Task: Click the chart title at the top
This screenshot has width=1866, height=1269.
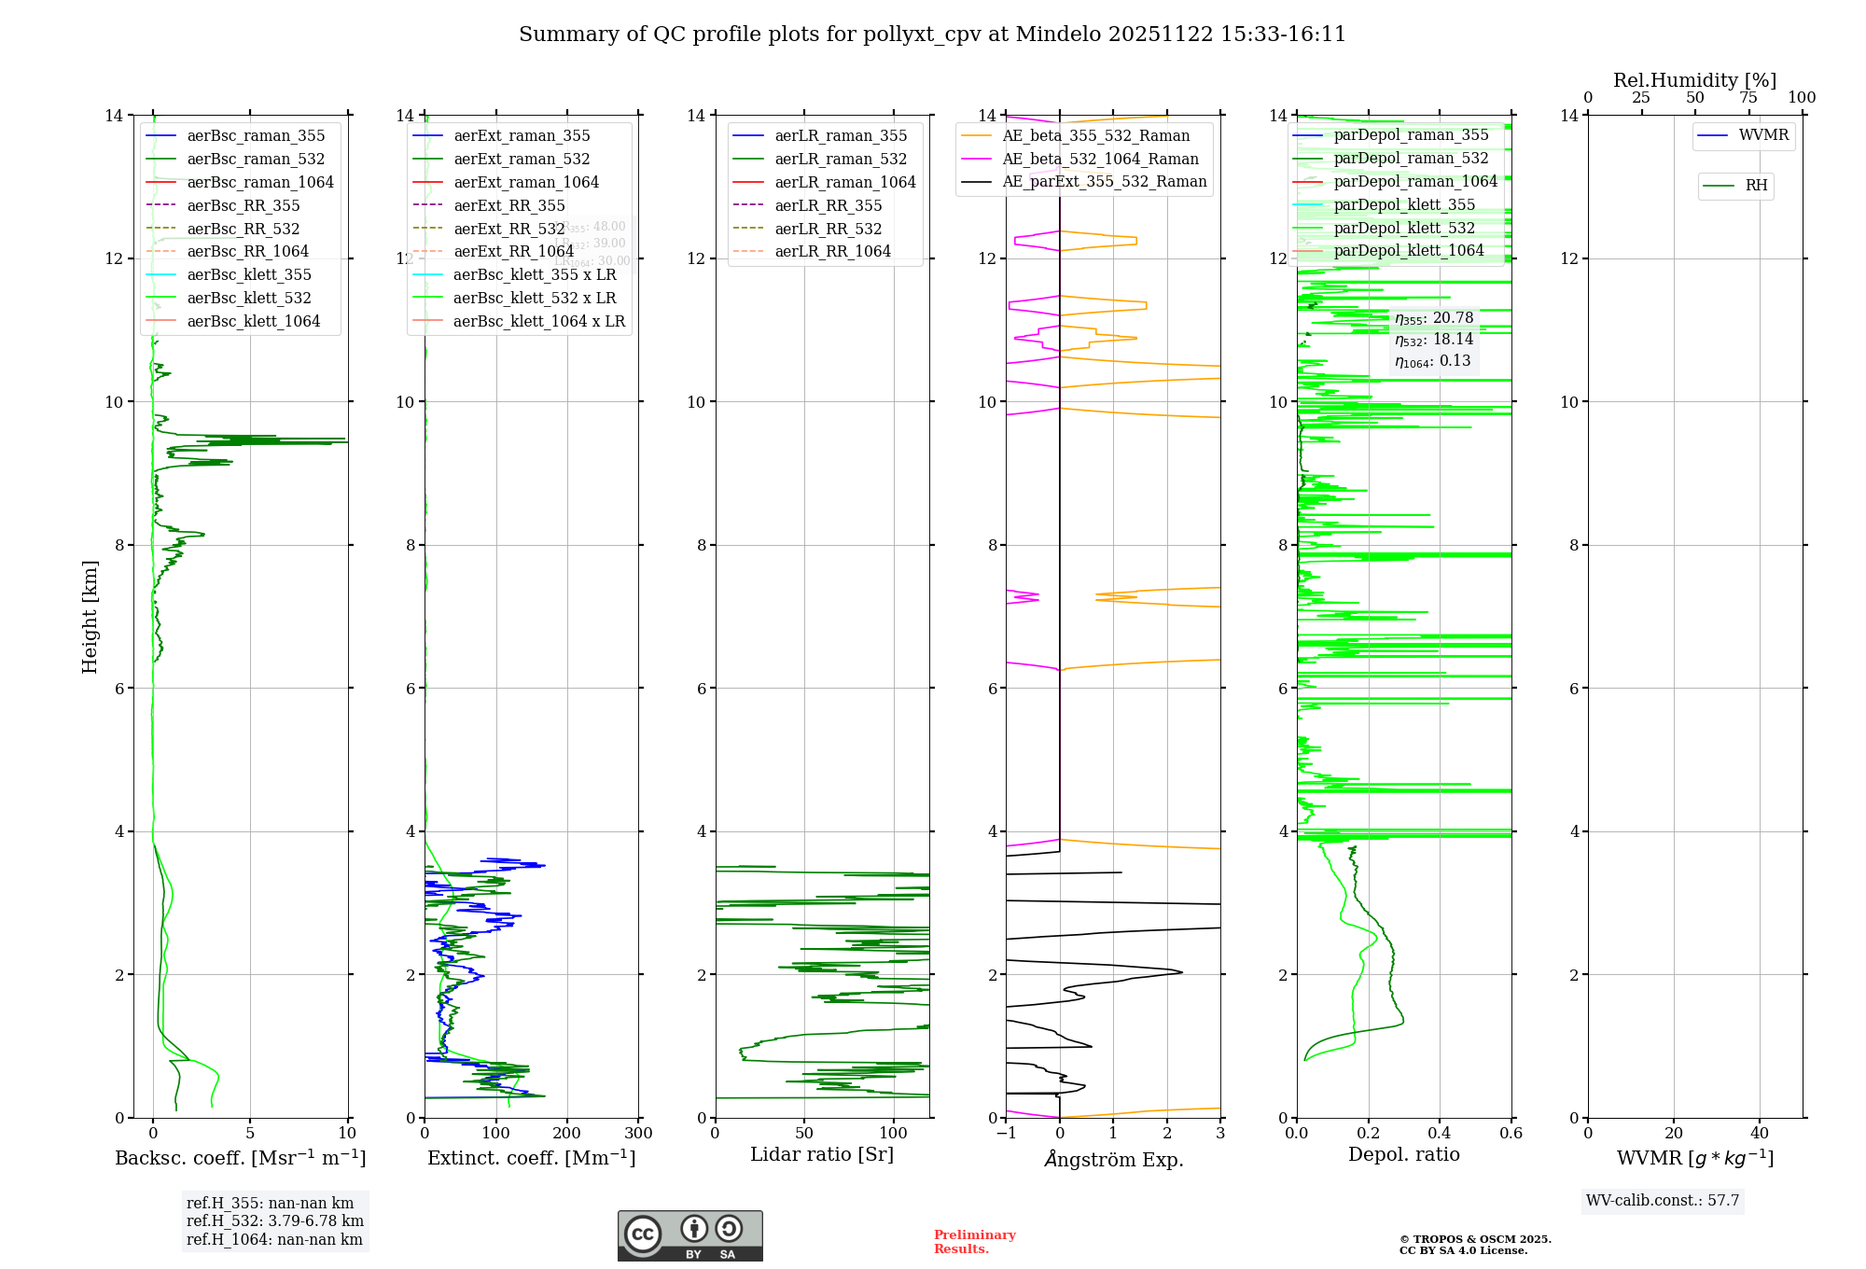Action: [x=932, y=35]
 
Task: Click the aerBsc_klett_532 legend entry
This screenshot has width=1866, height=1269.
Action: [x=248, y=299]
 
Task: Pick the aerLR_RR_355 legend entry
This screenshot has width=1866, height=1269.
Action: [x=828, y=206]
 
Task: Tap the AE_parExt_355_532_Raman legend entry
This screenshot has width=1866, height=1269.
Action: [x=1104, y=182]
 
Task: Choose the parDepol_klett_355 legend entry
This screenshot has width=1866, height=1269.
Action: [x=1404, y=205]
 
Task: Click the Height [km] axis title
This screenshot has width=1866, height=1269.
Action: [x=90, y=617]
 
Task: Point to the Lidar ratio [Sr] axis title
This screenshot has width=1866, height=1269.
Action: [x=822, y=1155]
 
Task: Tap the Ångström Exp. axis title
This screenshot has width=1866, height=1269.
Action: [x=1113, y=1160]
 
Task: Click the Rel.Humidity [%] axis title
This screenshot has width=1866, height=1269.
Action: [x=1694, y=80]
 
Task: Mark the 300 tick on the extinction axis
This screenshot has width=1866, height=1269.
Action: [x=638, y=1134]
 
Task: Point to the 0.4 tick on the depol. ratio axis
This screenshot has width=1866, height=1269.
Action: [x=1440, y=1134]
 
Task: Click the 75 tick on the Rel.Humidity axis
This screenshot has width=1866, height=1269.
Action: [x=1748, y=98]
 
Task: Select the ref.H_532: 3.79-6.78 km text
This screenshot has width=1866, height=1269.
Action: [x=274, y=1221]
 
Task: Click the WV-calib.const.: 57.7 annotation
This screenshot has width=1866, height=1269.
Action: [x=1663, y=1201]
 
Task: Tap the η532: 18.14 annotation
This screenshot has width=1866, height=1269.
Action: [x=1434, y=340]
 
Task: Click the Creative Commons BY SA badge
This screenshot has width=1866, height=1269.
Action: [x=689, y=1236]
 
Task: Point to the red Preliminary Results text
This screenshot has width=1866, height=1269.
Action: [x=974, y=1242]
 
